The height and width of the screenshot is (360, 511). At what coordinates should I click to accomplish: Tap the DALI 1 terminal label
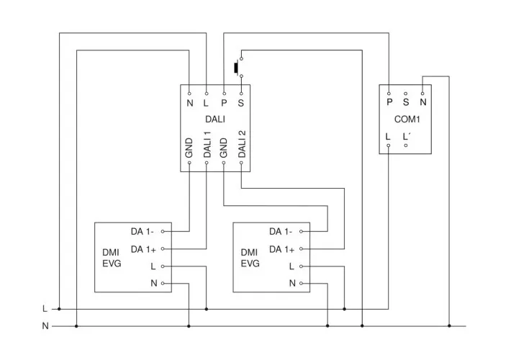pyautogui.click(x=207, y=144)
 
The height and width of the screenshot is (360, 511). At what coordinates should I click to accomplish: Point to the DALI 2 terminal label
pyautogui.click(x=242, y=144)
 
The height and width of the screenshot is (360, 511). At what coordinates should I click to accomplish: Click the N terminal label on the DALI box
pyautogui.click(x=190, y=103)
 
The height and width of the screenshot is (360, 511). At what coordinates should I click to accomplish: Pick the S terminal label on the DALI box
pyautogui.click(x=241, y=103)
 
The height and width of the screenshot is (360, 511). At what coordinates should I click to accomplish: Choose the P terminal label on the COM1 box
pyautogui.click(x=389, y=103)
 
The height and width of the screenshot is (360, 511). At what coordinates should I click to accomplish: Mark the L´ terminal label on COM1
pyautogui.click(x=407, y=135)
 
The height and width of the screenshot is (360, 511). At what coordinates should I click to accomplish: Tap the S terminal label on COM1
pyautogui.click(x=406, y=103)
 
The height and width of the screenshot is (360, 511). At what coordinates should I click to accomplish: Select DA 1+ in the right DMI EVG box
pyautogui.click(x=281, y=249)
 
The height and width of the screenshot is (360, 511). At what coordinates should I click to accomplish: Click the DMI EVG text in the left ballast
pyautogui.click(x=112, y=258)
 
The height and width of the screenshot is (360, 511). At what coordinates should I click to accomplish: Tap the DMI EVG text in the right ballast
pyautogui.click(x=250, y=258)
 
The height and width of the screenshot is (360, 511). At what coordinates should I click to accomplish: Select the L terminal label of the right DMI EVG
pyautogui.click(x=291, y=266)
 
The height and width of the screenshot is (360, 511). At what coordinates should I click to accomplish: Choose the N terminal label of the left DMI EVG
pyautogui.click(x=153, y=284)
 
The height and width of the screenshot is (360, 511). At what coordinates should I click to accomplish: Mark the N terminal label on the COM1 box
pyautogui.click(x=423, y=103)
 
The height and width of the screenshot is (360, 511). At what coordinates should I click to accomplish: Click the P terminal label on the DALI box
pyautogui.click(x=224, y=103)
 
